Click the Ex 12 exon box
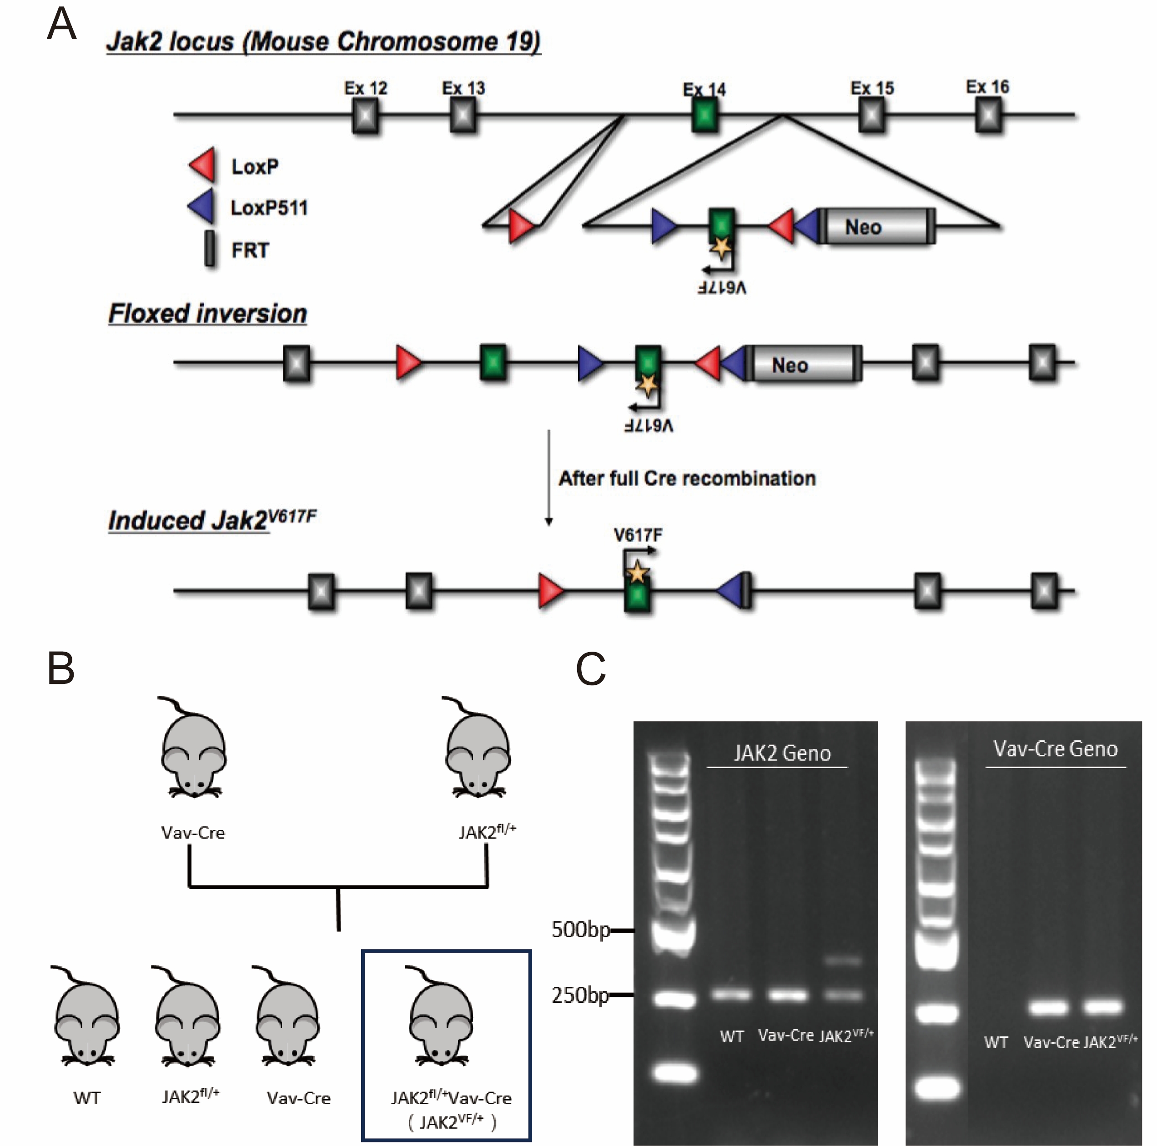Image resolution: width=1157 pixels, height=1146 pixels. click(365, 115)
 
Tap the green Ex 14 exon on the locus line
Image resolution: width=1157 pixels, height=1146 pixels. click(705, 115)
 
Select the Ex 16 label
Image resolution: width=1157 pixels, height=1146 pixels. click(987, 87)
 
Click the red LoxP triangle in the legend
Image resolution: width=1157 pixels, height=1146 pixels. click(202, 165)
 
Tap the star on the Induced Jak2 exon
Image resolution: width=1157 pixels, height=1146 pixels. click(637, 573)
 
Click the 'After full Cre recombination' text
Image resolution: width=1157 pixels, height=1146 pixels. click(687, 478)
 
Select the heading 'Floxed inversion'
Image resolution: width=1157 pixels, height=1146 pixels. click(207, 314)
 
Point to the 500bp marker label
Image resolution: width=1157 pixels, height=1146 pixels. click(580, 929)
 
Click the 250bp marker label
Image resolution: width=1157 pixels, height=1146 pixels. click(580, 995)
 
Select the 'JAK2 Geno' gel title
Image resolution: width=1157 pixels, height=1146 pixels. click(782, 753)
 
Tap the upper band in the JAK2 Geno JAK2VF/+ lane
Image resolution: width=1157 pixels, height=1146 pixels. click(844, 961)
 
